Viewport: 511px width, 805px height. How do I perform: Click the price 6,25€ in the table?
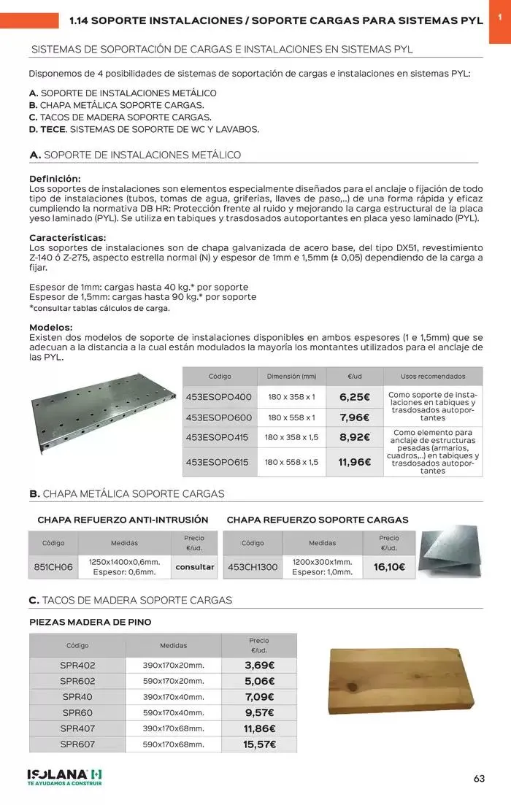click(x=355, y=397)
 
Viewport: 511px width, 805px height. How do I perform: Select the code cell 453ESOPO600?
click(x=218, y=417)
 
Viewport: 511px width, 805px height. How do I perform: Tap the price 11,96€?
click(x=355, y=462)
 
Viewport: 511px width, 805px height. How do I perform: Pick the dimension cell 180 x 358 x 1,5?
click(x=291, y=437)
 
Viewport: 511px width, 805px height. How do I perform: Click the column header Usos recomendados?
click(x=433, y=377)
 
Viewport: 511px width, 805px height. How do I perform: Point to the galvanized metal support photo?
click(x=102, y=413)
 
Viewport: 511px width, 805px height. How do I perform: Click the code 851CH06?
click(x=53, y=567)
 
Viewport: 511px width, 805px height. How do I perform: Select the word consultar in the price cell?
click(x=195, y=567)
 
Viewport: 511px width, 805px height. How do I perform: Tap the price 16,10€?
click(x=389, y=567)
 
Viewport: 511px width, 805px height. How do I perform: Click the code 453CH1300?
click(x=253, y=567)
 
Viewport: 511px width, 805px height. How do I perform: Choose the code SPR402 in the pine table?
click(x=77, y=665)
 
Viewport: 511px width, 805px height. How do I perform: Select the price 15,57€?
click(x=259, y=744)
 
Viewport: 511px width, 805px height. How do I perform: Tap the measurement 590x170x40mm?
click(x=173, y=712)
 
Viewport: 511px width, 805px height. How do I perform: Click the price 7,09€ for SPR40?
click(x=259, y=697)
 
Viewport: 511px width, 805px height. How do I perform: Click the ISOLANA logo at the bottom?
click(x=64, y=776)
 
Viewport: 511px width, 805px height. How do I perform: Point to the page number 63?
click(x=479, y=778)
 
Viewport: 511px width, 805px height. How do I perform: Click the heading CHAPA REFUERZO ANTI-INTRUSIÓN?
click(x=123, y=520)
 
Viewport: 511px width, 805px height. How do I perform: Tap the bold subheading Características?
click(x=67, y=237)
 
